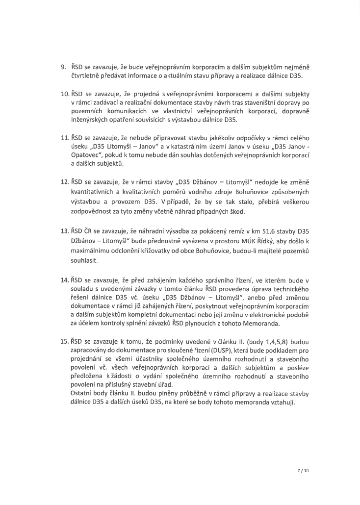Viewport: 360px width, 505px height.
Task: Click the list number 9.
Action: [63, 67]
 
